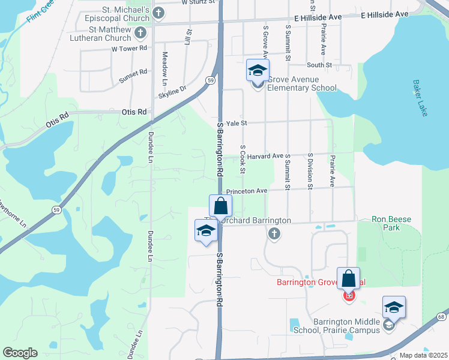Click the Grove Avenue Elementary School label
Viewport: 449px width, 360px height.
tap(301, 83)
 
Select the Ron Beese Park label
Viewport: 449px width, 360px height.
tap(391, 224)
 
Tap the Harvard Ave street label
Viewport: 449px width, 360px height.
tap(269, 156)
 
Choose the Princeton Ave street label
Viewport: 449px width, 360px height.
tap(246, 191)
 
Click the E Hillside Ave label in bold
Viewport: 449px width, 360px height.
tap(385, 13)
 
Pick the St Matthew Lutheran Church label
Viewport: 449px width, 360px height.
tap(109, 34)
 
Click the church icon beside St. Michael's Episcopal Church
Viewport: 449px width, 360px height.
tap(158, 13)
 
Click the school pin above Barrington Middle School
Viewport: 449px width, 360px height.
tap(394, 307)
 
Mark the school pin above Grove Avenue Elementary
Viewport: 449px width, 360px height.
tap(258, 70)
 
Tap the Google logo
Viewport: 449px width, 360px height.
tap(20, 353)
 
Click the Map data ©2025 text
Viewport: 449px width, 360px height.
tap(423, 355)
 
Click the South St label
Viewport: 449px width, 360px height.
tap(319, 65)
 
